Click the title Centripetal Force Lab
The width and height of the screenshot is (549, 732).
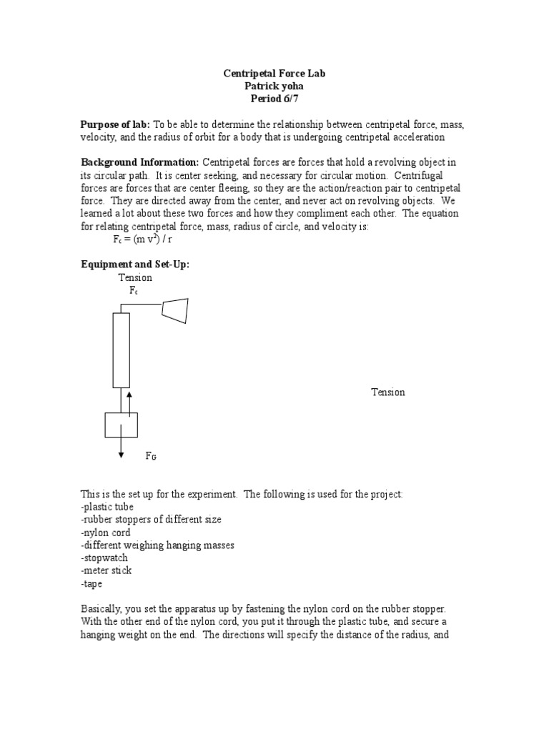274,74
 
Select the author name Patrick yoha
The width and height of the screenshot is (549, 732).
274,86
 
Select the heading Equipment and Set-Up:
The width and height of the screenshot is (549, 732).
134,264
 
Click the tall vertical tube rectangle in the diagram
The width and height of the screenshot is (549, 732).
122,350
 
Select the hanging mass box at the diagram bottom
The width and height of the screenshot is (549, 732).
122,425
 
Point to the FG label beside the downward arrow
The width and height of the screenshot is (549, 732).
152,455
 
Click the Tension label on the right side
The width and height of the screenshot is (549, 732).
387,392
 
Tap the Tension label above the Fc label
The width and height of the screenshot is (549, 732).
135,277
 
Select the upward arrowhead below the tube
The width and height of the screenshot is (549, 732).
129,393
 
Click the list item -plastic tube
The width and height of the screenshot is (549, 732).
107,507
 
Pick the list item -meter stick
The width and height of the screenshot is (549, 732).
107,570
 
